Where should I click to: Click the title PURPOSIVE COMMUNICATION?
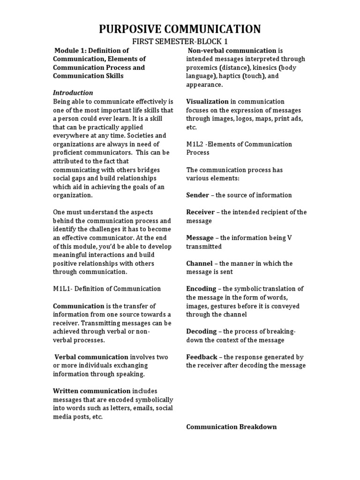coord(180,29)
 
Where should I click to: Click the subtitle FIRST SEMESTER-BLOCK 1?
coord(180,42)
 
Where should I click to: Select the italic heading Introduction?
coord(73,93)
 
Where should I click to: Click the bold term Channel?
coord(199,263)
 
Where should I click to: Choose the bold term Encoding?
coord(201,289)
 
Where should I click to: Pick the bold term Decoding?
coord(201,331)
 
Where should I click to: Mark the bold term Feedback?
coord(202,357)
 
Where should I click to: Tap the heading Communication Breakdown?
coord(231,427)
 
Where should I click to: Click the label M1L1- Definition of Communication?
coord(107,289)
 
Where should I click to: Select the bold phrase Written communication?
coord(91,391)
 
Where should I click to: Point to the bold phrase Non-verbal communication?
coord(232,51)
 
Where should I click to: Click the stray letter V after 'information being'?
coord(289,238)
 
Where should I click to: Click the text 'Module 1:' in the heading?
coord(70,51)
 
